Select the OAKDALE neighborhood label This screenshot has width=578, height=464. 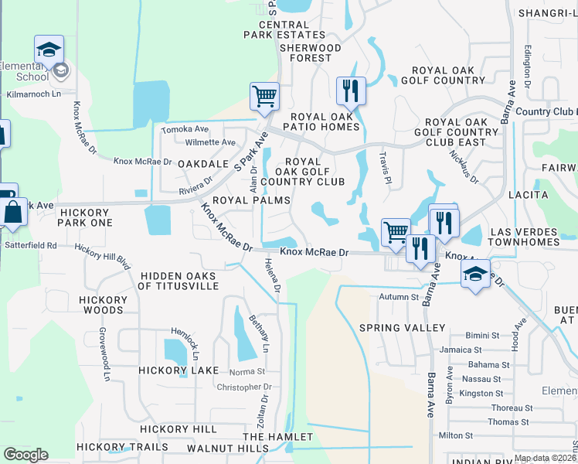click(x=200, y=165)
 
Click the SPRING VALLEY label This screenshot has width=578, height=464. click(x=403, y=328)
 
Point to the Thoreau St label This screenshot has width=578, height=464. click(x=508, y=408)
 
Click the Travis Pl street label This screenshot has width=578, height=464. click(x=384, y=167)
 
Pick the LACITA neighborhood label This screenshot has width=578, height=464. click(x=528, y=197)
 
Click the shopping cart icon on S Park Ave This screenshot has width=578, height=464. click(x=264, y=97)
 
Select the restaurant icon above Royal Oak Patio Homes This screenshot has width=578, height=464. click(x=351, y=90)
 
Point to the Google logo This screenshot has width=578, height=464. click(x=25, y=455)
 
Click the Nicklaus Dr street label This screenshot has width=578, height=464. click(x=464, y=165)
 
